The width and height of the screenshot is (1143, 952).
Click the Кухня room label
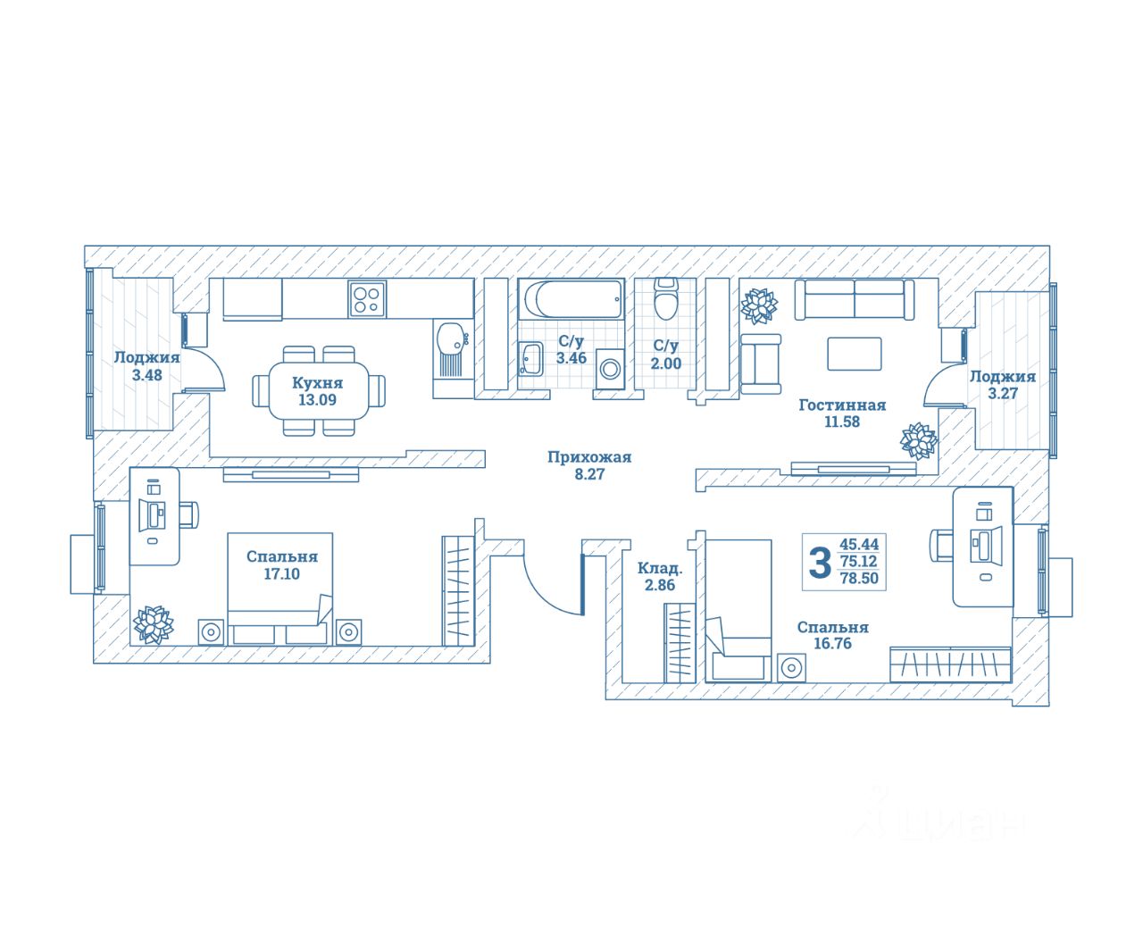point(317,383)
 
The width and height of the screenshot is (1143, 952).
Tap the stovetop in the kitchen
point(366,297)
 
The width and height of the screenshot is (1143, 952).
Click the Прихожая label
point(589,457)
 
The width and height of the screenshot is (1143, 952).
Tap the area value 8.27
point(589,474)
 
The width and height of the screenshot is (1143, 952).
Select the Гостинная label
point(842,405)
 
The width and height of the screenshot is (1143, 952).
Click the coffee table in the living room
point(855,353)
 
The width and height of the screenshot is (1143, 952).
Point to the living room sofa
point(855,299)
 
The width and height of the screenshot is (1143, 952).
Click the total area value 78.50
point(859,578)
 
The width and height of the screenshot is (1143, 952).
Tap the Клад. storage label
point(660,568)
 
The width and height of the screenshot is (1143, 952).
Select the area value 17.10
point(281,574)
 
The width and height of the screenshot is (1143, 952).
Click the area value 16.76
point(832,643)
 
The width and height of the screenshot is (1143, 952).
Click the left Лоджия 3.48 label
point(146,357)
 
